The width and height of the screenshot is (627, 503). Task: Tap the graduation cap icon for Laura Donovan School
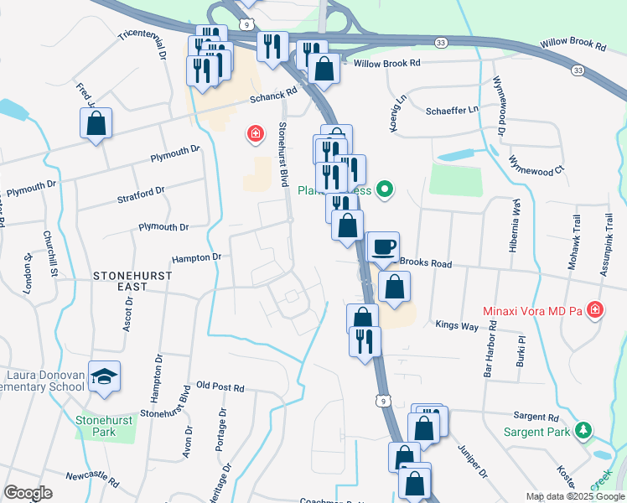pyautogui.click(x=104, y=377)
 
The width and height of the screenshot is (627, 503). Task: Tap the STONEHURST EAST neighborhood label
pyautogui.click(x=132, y=281)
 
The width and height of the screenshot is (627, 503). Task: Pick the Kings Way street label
pyautogui.click(x=455, y=324)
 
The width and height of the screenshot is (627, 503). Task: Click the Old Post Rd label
pyautogui.click(x=220, y=388)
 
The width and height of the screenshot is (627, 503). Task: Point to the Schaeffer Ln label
pyautogui.click(x=452, y=110)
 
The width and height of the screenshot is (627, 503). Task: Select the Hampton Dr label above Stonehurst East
pyautogui.click(x=196, y=257)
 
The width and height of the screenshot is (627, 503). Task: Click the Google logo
pyautogui.click(x=28, y=493)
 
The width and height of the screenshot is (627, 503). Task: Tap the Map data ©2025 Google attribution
pyautogui.click(x=574, y=496)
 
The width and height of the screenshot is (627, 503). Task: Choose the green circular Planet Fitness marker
pyautogui.click(x=385, y=190)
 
